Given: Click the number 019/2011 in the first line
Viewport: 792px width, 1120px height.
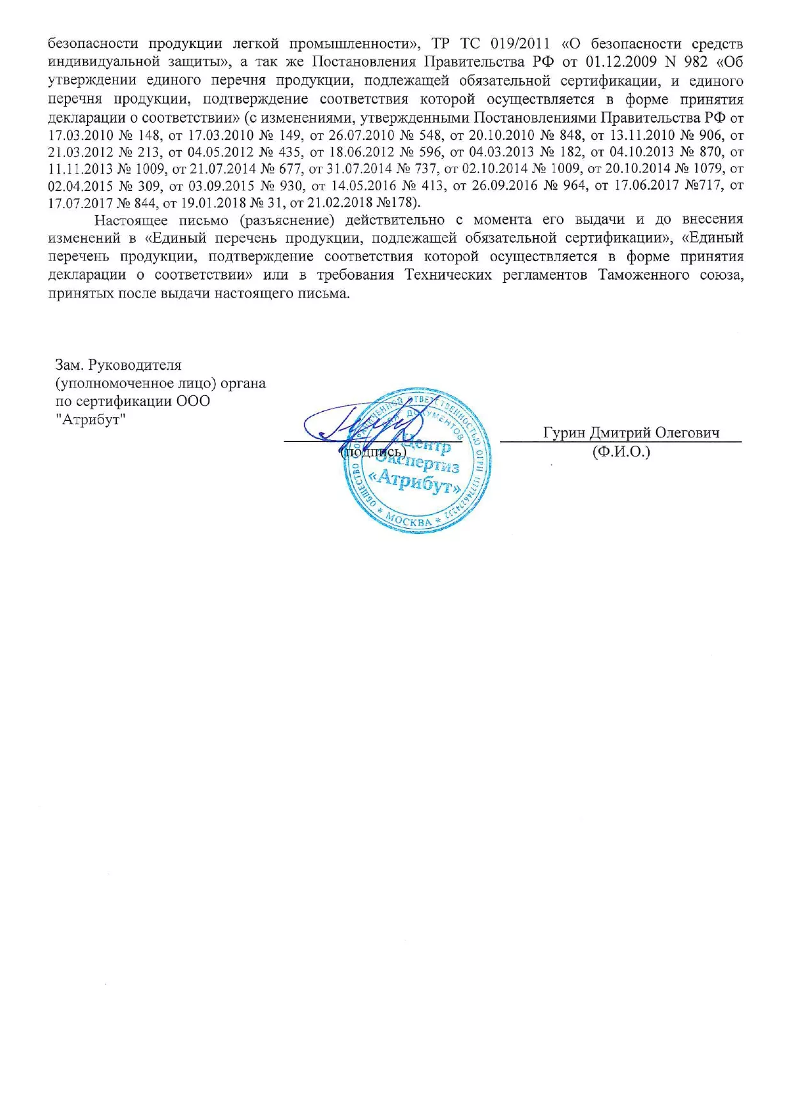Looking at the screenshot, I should (517, 44).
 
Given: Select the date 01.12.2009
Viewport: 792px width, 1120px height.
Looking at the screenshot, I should (612, 62).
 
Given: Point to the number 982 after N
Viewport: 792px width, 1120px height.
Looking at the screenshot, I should (695, 62).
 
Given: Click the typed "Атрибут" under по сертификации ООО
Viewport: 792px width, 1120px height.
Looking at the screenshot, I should (91, 420).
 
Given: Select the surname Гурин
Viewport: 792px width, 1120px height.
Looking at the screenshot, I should (564, 433).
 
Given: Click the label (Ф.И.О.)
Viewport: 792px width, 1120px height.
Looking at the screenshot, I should (621, 452).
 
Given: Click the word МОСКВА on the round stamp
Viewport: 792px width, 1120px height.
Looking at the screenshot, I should (409, 520).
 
